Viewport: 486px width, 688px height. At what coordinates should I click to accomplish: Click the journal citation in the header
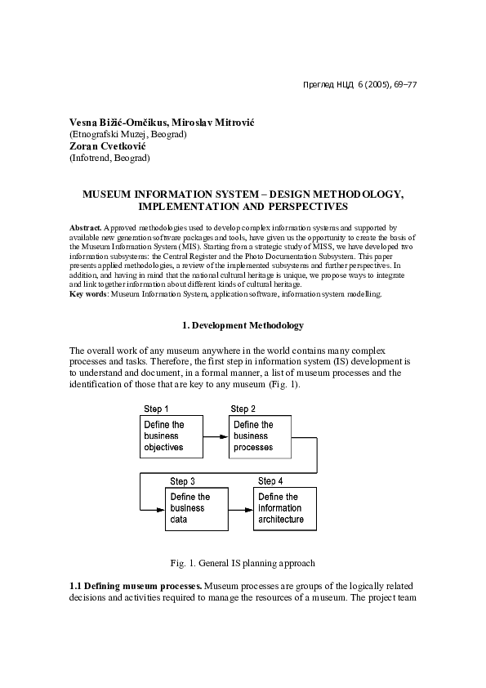tap(359, 83)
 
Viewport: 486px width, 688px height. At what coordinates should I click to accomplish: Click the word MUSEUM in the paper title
tap(112, 194)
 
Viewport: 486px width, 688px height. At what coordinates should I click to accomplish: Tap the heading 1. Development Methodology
tap(242, 325)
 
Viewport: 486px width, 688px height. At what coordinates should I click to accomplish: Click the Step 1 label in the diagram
tap(156, 409)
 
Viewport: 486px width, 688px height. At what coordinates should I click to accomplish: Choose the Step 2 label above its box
tap(243, 409)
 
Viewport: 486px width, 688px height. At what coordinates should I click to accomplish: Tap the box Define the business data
tap(196, 508)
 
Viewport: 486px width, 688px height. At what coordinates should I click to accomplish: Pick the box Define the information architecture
tap(283, 508)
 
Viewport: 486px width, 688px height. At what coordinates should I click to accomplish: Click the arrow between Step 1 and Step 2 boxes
tap(215, 437)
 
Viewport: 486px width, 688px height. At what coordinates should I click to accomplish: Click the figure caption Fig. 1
tap(243, 563)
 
